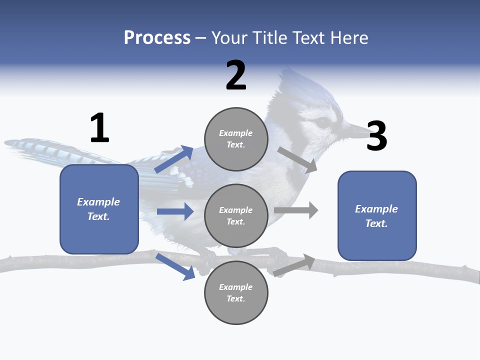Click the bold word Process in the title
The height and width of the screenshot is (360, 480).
pyautogui.click(x=157, y=38)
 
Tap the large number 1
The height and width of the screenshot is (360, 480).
pyautogui.click(x=99, y=128)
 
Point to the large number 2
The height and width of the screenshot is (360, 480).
pyautogui.click(x=236, y=75)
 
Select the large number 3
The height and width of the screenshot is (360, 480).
pyautogui.click(x=377, y=136)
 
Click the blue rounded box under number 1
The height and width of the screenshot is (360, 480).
pyautogui.click(x=99, y=209)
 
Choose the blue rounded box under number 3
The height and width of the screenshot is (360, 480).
pyautogui.click(x=377, y=215)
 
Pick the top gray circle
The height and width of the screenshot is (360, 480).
pyautogui.click(x=236, y=139)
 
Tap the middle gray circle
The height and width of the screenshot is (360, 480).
pyautogui.click(x=236, y=215)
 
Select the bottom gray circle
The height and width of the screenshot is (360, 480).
pyautogui.click(x=236, y=292)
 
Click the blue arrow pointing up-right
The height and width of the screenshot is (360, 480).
pyautogui.click(x=174, y=159)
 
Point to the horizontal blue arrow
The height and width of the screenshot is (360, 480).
pyautogui.click(x=175, y=211)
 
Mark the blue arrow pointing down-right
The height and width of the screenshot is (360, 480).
pyautogui.click(x=175, y=266)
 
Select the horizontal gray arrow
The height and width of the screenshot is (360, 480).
pyautogui.click(x=296, y=210)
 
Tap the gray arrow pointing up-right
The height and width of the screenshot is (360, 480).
pyautogui.click(x=294, y=265)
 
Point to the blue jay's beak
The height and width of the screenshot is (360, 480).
pyautogui.click(x=357, y=131)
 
